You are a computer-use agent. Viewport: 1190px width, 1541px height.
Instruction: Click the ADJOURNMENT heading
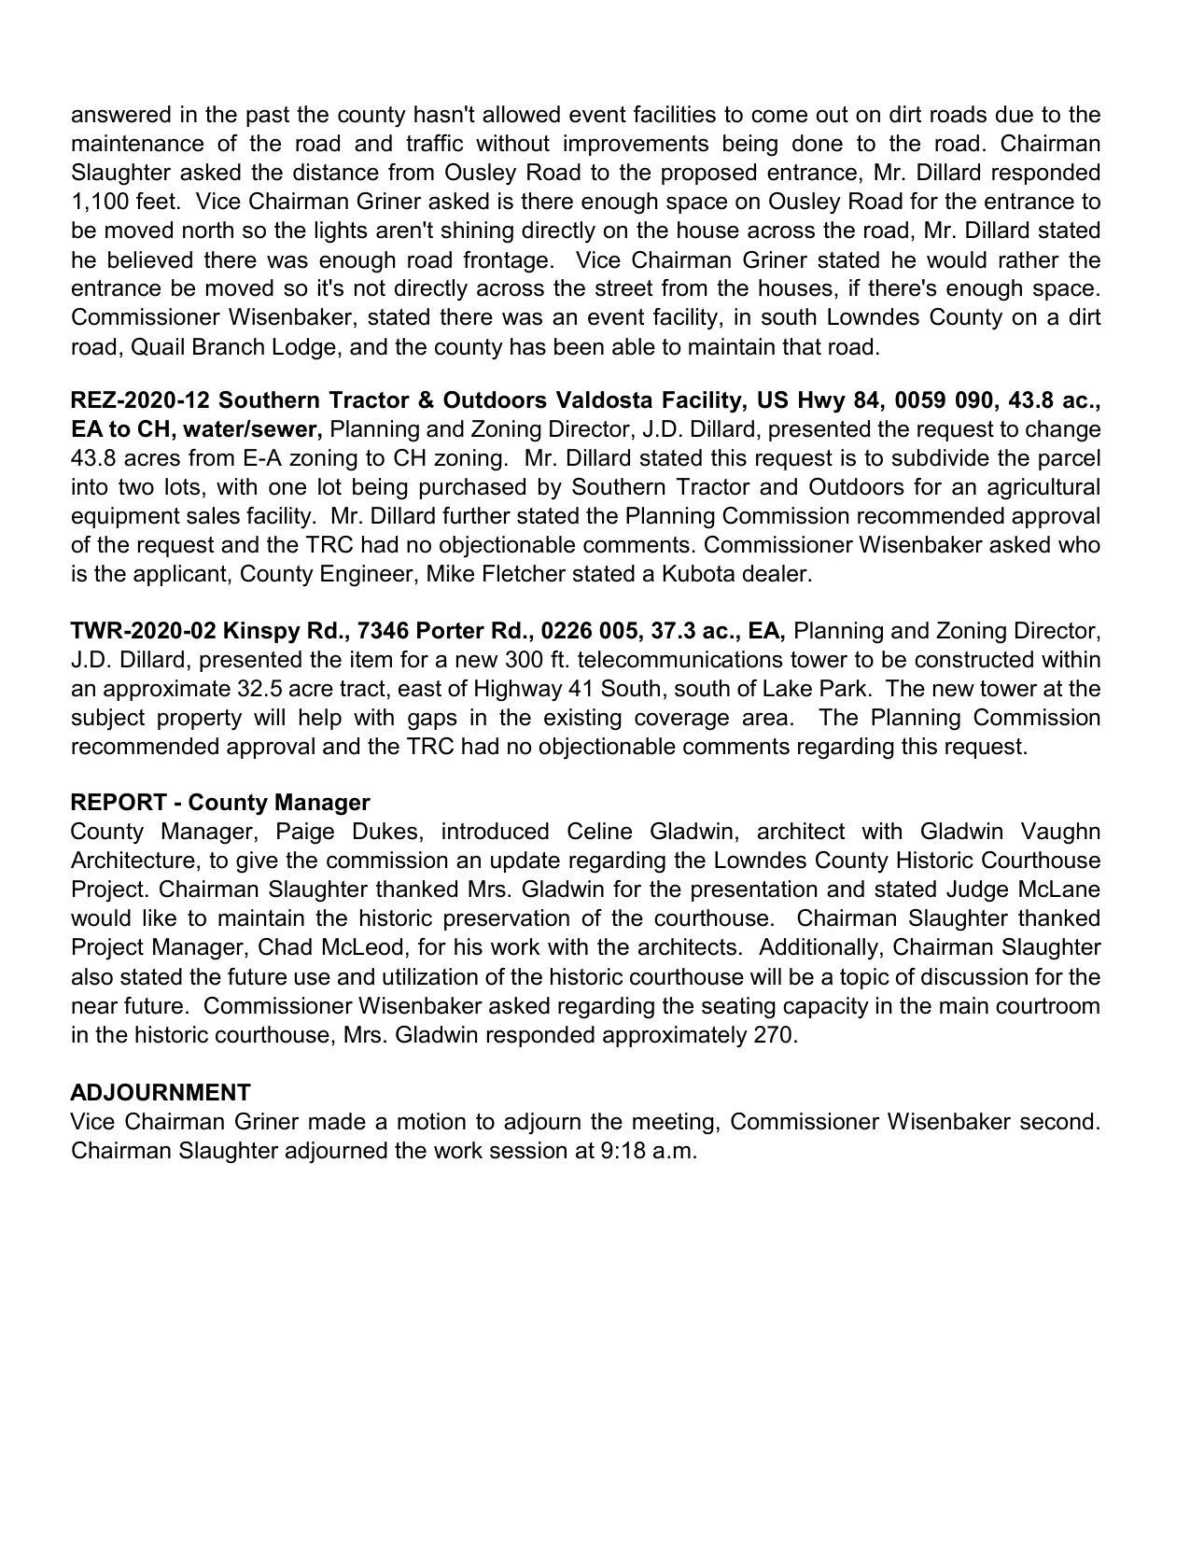coord(161,1092)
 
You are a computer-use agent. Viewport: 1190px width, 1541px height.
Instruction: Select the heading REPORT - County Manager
coord(220,802)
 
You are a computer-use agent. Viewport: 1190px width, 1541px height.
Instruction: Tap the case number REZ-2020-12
coord(140,400)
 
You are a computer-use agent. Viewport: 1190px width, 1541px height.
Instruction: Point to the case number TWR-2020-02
coord(143,631)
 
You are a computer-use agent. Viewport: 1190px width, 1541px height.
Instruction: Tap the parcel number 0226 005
coord(579,631)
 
